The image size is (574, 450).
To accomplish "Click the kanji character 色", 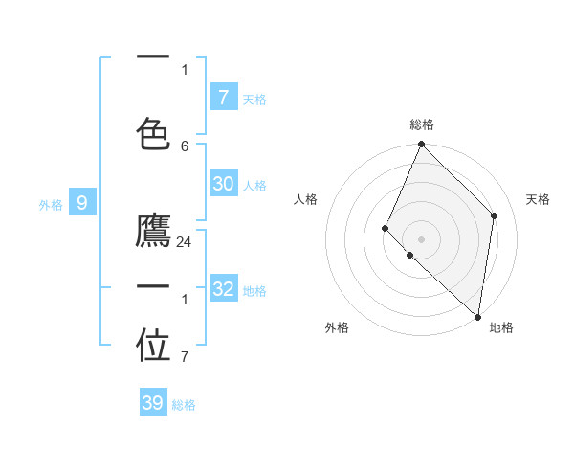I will [x=153, y=127].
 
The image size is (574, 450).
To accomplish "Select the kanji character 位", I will [x=153, y=347].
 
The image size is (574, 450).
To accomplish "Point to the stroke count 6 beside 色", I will [x=185, y=146].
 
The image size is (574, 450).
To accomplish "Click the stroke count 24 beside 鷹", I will [x=185, y=242].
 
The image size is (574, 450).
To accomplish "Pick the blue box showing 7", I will [x=223, y=97].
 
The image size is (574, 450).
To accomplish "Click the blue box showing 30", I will [x=223, y=185].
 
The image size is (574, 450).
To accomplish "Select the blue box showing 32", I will [x=223, y=289].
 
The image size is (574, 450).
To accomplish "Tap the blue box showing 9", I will [x=82, y=202].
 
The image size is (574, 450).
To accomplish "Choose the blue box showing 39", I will [x=153, y=403].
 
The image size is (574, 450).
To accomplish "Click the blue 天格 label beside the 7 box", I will [x=254, y=99].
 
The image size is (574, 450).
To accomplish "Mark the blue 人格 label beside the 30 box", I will [x=254, y=186].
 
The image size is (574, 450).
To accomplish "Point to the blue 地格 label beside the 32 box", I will [x=254, y=291].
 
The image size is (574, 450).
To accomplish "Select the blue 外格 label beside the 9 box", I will [x=51, y=204].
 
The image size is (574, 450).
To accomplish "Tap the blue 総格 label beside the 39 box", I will [x=184, y=405].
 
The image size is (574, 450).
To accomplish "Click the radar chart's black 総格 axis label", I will [x=422, y=124].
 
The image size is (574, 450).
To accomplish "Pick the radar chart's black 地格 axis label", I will [x=501, y=327].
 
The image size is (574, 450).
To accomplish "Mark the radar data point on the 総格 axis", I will [x=422, y=145].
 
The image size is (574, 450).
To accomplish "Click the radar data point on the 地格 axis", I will [x=477, y=316].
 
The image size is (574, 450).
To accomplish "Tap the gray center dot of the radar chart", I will [x=422, y=238].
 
